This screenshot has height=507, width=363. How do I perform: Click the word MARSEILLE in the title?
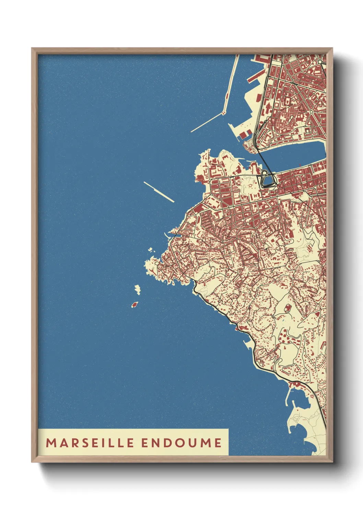pos(90,443)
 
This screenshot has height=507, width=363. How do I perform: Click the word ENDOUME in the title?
pos(181,443)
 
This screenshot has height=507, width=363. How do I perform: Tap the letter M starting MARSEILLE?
pos(51,443)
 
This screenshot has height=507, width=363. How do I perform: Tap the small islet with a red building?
pos(134,304)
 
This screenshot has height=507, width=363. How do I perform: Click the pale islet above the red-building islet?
pos(138,290)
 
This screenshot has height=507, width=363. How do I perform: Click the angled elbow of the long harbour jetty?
pos(224,112)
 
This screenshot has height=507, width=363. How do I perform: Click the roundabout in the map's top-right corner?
pos(320,62)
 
